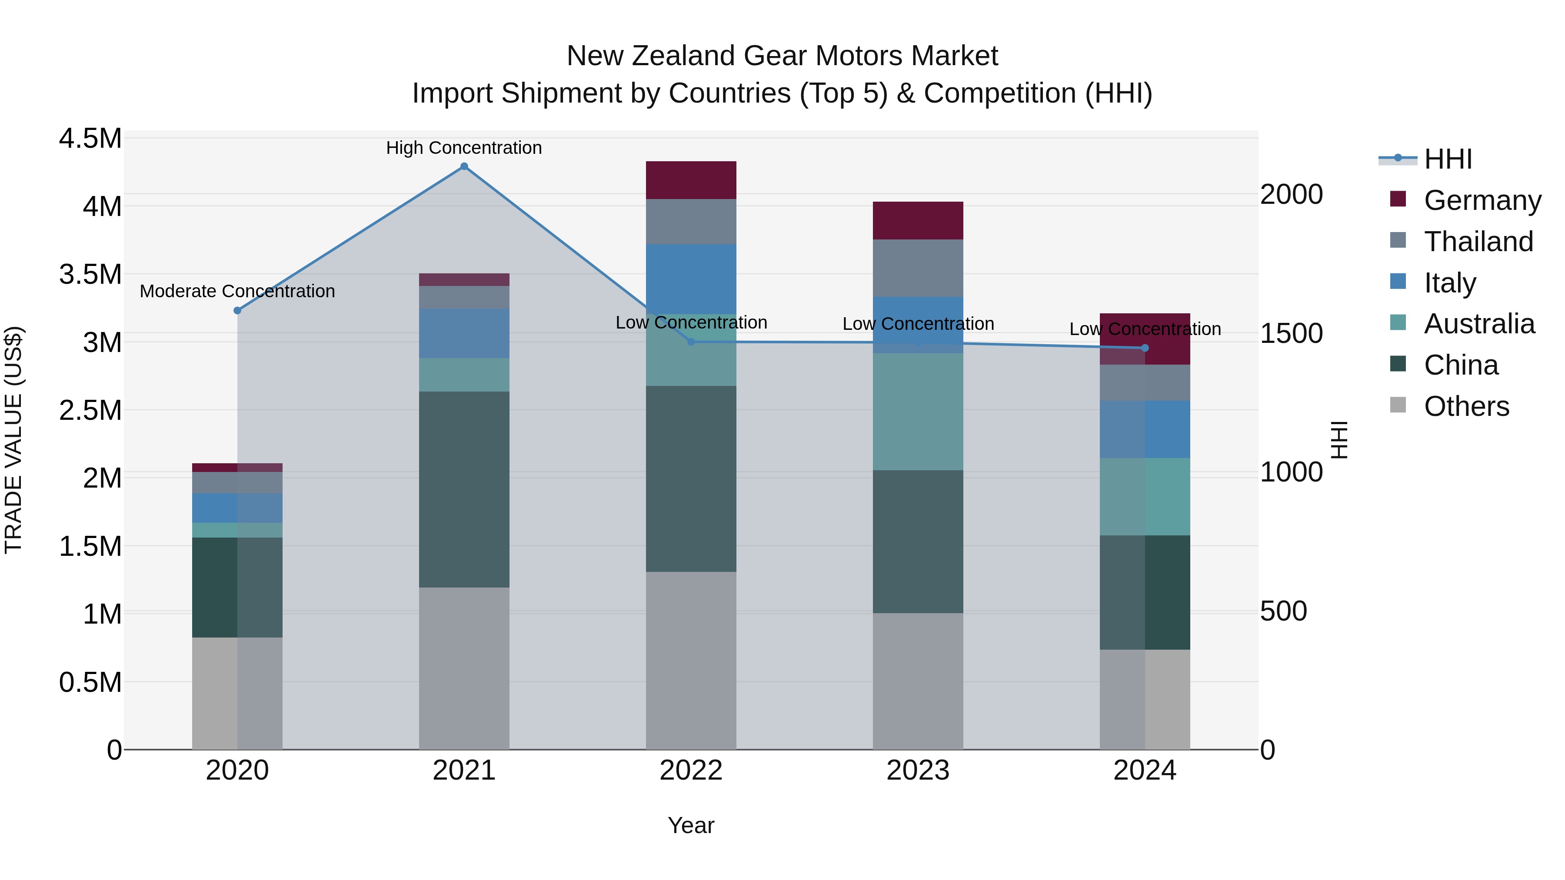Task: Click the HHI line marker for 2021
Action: pyautogui.click(x=464, y=166)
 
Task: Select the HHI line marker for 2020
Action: pyautogui.click(x=237, y=310)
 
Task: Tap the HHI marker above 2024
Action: pyautogui.click(x=1145, y=348)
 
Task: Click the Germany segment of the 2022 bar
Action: pyautogui.click(x=691, y=180)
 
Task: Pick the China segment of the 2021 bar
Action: pyautogui.click(x=464, y=489)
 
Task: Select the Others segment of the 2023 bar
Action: pyautogui.click(x=918, y=681)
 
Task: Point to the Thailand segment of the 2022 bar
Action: pyautogui.click(x=691, y=222)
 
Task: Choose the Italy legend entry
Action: pyautogui.click(x=1449, y=283)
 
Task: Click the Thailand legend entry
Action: pyautogui.click(x=1478, y=242)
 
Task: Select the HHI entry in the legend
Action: pyautogui.click(x=1448, y=159)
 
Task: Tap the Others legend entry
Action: pyautogui.click(x=1466, y=406)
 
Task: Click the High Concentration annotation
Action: pyautogui.click(x=464, y=148)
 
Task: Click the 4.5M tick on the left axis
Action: pyautogui.click(x=90, y=139)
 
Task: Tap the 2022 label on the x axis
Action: pyautogui.click(x=691, y=770)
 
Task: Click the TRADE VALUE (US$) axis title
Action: pyautogui.click(x=13, y=440)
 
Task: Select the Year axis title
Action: pyautogui.click(x=691, y=825)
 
